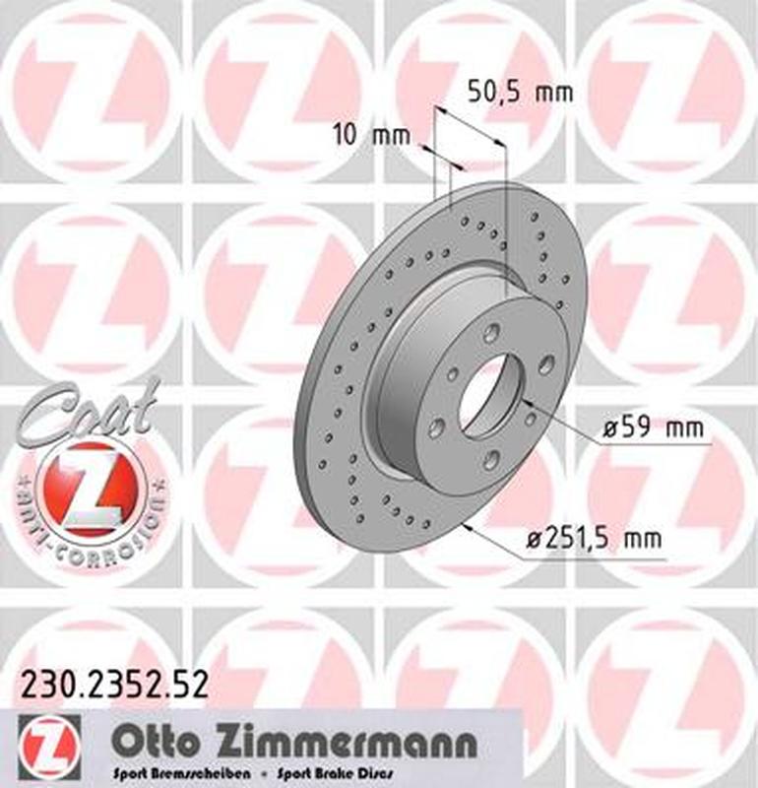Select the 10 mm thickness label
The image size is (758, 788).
[370, 136]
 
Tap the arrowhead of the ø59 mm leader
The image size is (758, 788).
[526, 402]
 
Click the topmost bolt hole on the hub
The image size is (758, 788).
[491, 333]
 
